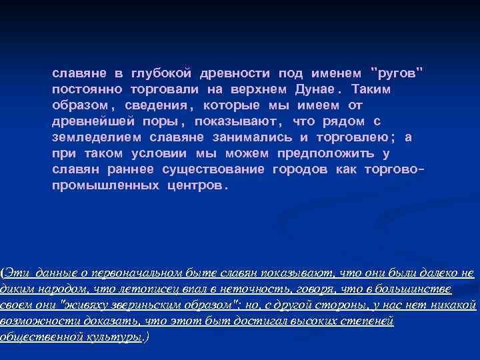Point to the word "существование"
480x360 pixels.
click(x=213, y=169)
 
